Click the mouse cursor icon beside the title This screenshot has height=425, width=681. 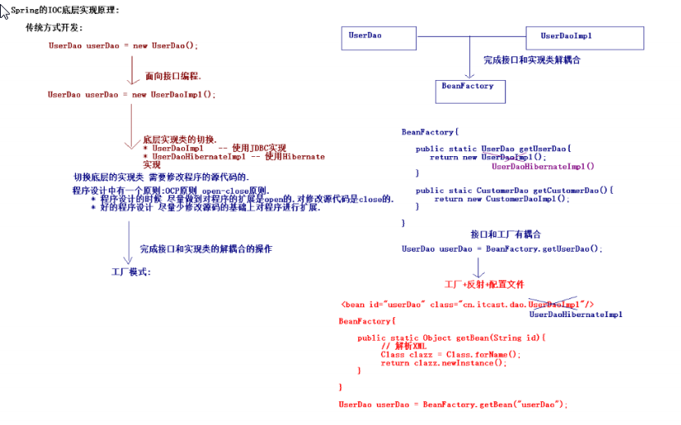(5, 10)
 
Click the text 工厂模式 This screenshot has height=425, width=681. (132, 271)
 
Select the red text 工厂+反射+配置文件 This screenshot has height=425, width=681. (484, 284)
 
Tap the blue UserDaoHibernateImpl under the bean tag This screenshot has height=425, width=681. (576, 314)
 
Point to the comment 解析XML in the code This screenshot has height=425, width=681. (403, 346)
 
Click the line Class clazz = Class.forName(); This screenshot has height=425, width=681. (450, 355)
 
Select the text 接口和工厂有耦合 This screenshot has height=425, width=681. (505, 234)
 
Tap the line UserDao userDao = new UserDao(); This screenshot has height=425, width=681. (123, 46)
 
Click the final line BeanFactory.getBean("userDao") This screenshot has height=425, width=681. (453, 405)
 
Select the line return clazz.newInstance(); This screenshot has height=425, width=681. (443, 363)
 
